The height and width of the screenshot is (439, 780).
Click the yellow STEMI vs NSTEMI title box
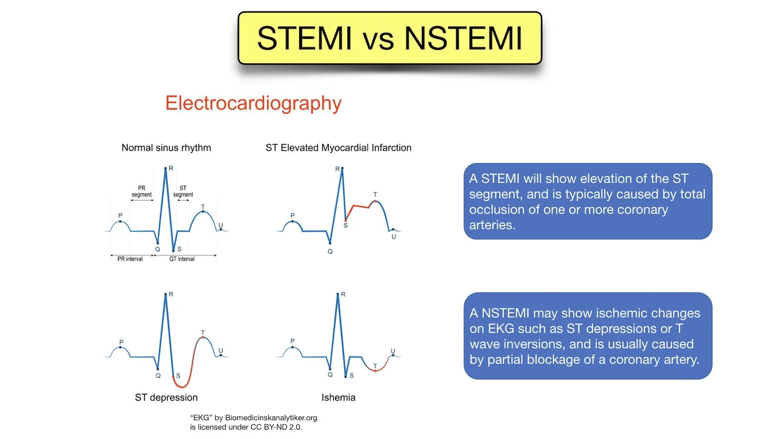click(x=389, y=38)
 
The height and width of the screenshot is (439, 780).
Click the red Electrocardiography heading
click(x=253, y=103)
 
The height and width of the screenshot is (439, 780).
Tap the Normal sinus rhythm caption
click(x=166, y=148)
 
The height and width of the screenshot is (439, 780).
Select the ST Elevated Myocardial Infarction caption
click(x=338, y=148)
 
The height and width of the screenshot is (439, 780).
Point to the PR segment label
click(x=141, y=191)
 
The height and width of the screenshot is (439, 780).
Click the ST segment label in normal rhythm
click(x=183, y=191)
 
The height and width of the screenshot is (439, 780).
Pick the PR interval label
click(x=130, y=259)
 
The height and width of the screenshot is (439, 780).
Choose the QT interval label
click(x=181, y=259)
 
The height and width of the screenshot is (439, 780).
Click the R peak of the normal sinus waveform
click(x=165, y=169)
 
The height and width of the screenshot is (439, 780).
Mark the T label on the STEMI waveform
click(x=375, y=195)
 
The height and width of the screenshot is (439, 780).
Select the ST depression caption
click(x=166, y=397)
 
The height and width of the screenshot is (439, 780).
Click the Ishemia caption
click(x=338, y=397)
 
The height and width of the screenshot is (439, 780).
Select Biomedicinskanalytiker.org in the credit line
click(x=271, y=418)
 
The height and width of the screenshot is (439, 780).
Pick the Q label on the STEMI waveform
click(x=330, y=251)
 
